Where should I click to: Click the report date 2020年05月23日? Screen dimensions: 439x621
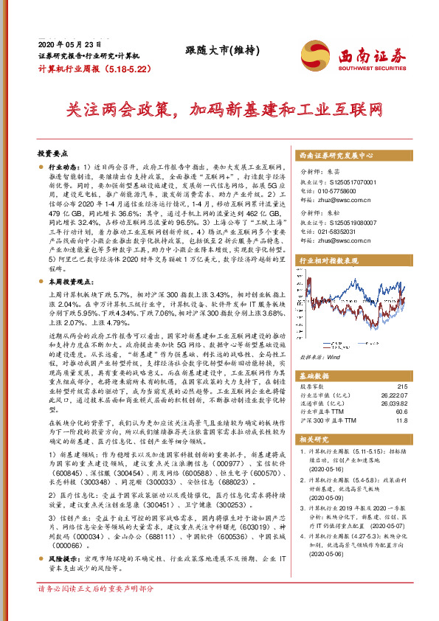pyautogui.click(x=69, y=44)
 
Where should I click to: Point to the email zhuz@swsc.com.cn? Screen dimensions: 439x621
pyautogui.click(x=339, y=199)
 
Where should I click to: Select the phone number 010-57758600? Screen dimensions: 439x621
pyautogui.click(x=337, y=190)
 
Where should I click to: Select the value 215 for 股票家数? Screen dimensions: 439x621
pyautogui.click(x=401, y=387)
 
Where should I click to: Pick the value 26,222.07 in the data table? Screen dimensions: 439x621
pyautogui.click(x=392, y=395)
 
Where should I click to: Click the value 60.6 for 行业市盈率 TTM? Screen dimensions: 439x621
pyautogui.click(x=401, y=412)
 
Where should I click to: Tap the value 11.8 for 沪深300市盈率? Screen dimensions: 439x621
pyautogui.click(x=401, y=420)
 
